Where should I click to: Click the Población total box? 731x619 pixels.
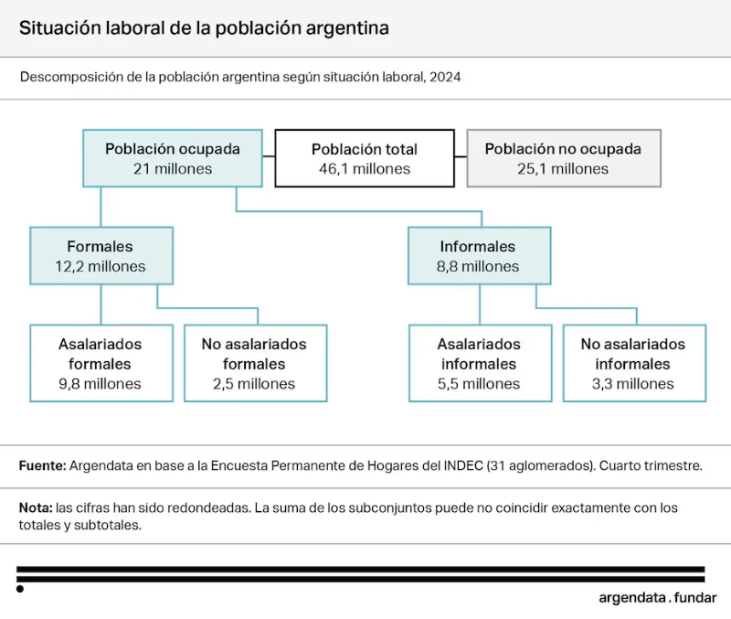tap(365, 158)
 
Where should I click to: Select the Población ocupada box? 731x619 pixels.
tap(173, 158)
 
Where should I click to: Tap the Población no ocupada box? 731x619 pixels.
tap(564, 158)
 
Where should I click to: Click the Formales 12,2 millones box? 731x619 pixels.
tap(101, 256)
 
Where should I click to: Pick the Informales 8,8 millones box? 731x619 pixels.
tap(479, 256)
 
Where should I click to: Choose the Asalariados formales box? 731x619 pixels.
tap(101, 363)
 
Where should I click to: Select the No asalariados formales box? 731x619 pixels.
tap(256, 363)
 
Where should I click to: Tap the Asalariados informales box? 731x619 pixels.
tap(481, 363)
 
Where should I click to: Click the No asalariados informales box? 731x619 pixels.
tap(634, 363)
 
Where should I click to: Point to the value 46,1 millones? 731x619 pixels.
tap(365, 169)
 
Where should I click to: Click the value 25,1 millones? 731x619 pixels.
tap(563, 169)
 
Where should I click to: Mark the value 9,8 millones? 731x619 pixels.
tap(100, 384)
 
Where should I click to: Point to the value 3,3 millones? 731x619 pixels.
tap(633, 384)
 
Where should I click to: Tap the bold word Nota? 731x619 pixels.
tap(36, 507)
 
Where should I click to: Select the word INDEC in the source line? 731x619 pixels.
tap(463, 465)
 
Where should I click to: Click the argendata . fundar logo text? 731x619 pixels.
tap(657, 598)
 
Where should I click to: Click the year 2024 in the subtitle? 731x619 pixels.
tap(445, 77)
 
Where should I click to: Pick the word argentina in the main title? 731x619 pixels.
tap(347, 28)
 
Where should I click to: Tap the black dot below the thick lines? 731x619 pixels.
tap(20, 589)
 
